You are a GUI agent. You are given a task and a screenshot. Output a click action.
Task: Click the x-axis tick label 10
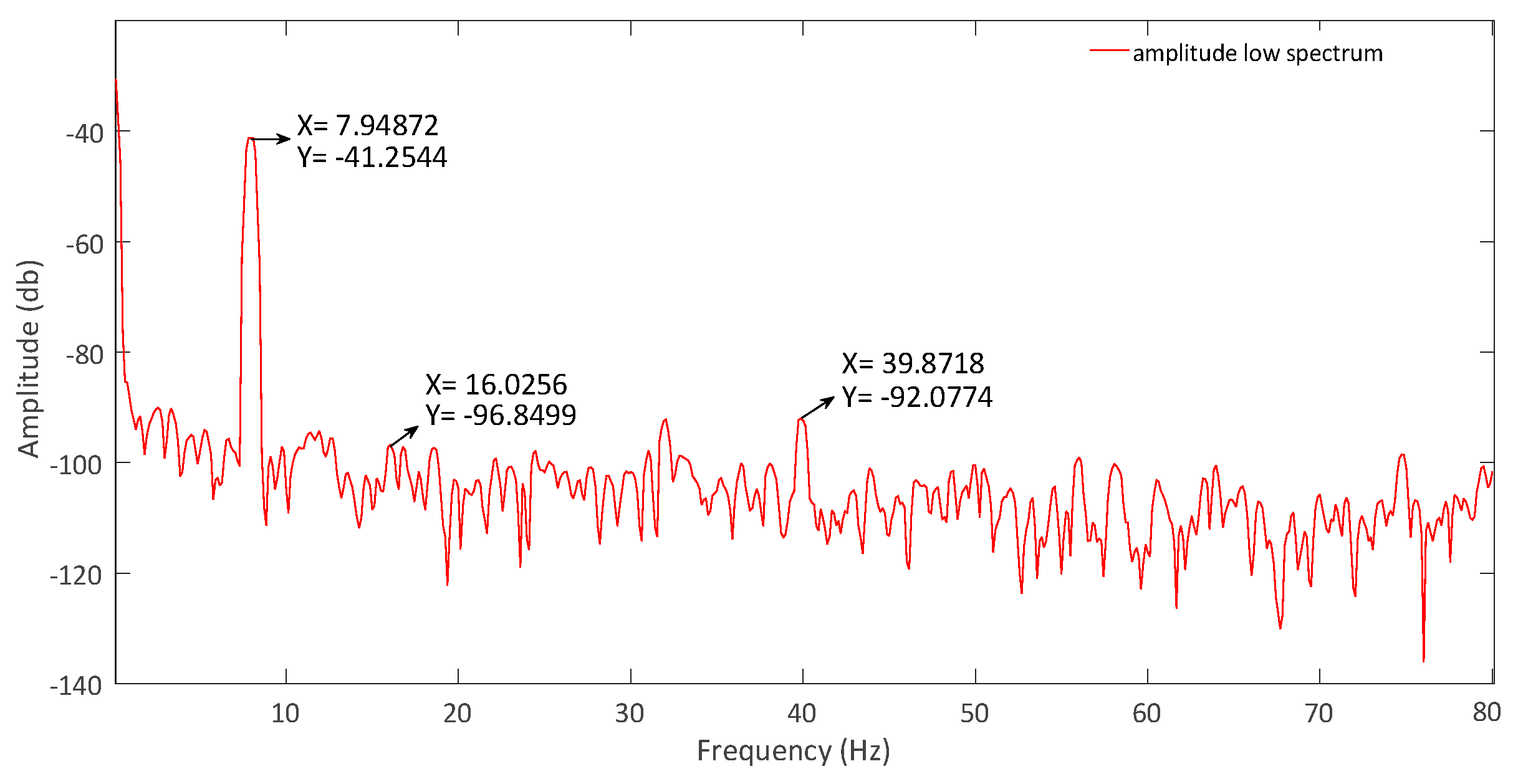point(286,714)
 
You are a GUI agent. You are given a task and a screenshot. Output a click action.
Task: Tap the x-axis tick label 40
point(802,714)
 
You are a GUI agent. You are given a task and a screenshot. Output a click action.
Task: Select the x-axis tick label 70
point(1318,714)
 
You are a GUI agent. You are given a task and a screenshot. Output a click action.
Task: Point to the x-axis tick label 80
point(1486,712)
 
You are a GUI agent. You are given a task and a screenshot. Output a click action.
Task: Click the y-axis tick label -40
point(85,133)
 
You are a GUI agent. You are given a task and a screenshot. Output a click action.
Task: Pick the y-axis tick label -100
point(76,465)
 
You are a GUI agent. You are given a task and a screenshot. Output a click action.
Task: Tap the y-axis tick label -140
point(76,686)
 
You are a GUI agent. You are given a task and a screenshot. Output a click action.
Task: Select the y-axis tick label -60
point(85,244)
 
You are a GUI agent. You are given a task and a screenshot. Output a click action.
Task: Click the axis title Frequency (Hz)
point(793,751)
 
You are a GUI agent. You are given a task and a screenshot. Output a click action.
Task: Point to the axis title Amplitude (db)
point(29,358)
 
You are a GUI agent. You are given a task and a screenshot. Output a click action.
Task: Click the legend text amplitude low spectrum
point(1257,54)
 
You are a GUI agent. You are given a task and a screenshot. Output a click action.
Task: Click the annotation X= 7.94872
point(368,126)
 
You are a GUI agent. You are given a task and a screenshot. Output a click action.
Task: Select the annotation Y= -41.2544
point(372,158)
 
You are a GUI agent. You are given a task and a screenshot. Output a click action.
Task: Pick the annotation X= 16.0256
point(496,385)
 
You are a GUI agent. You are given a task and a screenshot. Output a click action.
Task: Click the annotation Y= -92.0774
point(917,398)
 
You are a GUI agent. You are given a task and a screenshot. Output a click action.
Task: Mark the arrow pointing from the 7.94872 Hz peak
point(271,139)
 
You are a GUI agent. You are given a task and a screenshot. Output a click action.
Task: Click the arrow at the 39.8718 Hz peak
point(817,408)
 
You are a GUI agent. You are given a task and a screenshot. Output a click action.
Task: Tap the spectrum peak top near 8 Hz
point(250,138)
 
